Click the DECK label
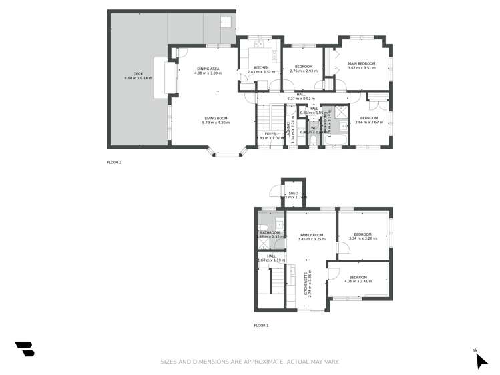click(138, 74)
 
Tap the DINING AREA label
click(208, 68)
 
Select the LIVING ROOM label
click(215, 118)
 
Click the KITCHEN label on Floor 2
click(261, 67)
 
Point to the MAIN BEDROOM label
click(362, 63)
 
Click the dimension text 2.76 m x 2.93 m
click(304, 71)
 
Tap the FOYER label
click(270, 133)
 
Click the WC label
click(313, 127)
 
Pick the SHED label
click(293, 193)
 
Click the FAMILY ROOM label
click(312, 234)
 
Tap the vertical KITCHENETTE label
click(306, 283)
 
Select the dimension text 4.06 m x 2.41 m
click(358, 281)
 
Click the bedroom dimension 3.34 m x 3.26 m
click(362, 238)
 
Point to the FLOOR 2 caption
click(114, 162)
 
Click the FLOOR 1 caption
click(261, 325)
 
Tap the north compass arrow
click(481, 360)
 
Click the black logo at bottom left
click(24, 349)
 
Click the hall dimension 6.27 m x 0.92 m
click(300, 99)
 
